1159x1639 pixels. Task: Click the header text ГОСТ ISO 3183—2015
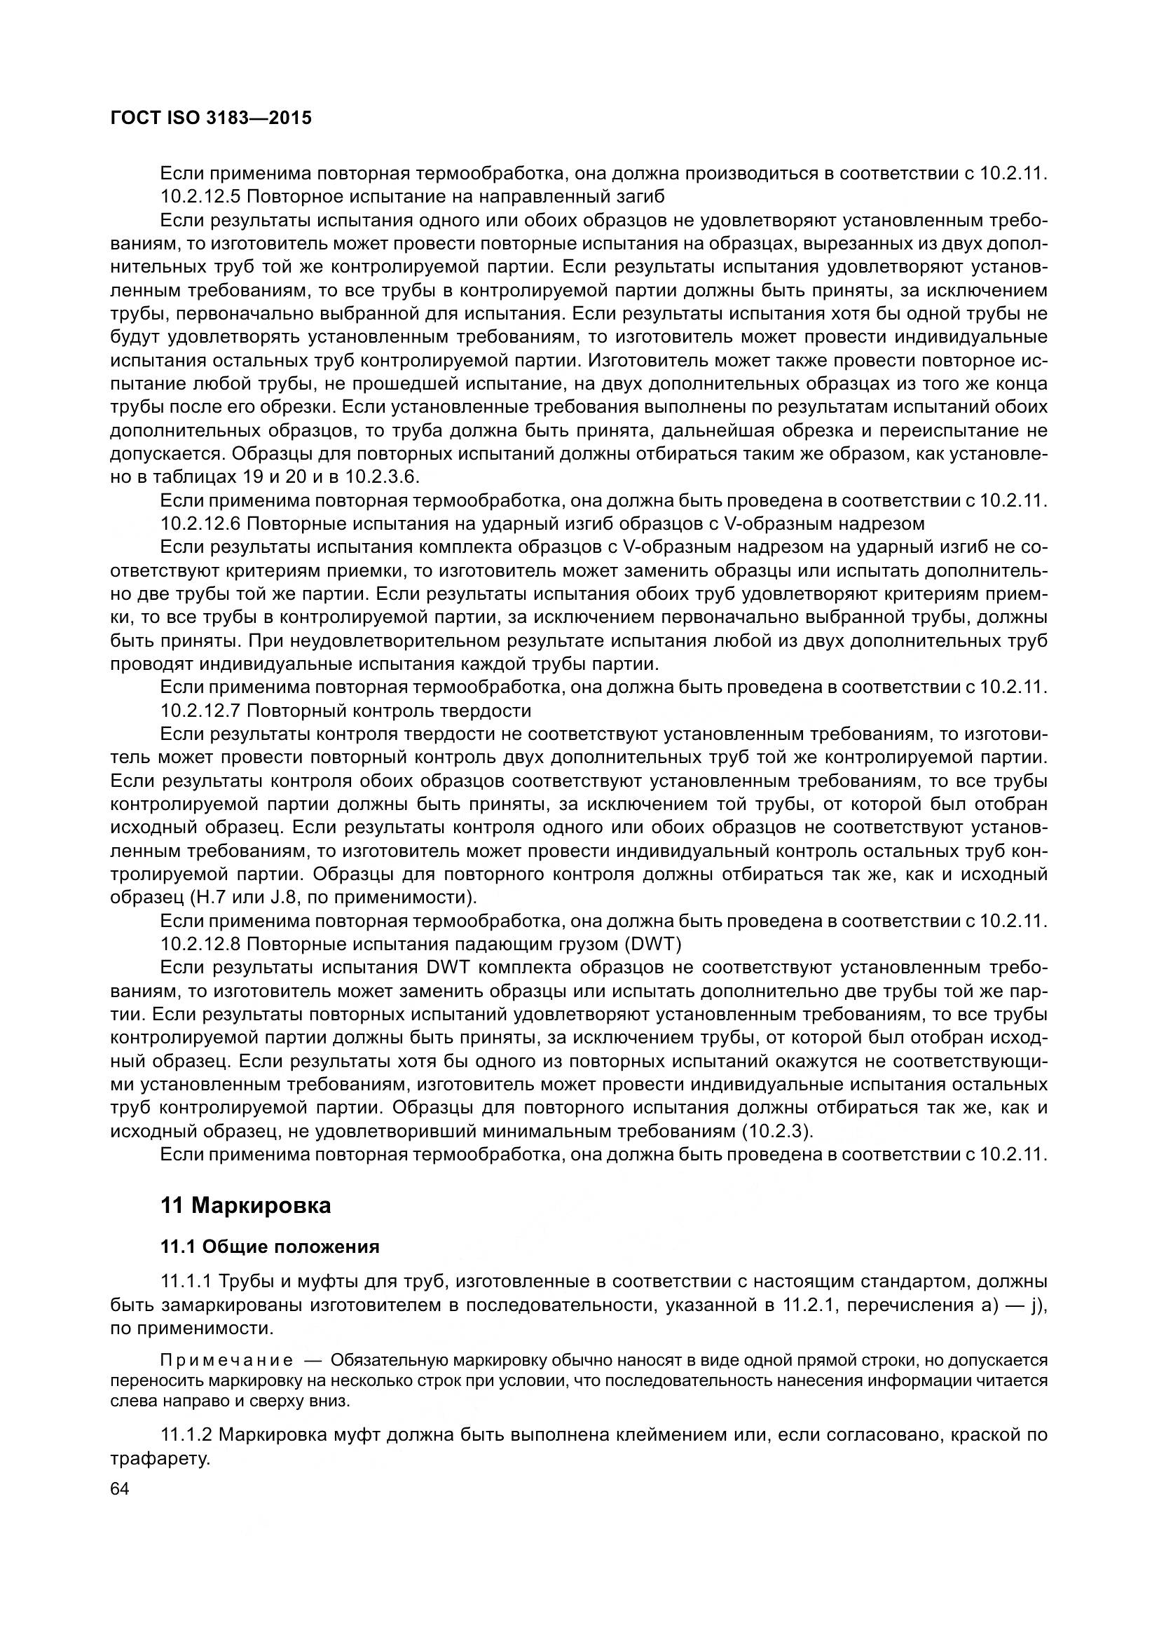[x=211, y=118]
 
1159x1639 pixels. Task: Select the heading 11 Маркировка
[x=245, y=1206]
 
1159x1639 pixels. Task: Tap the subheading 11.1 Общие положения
[x=270, y=1247]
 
